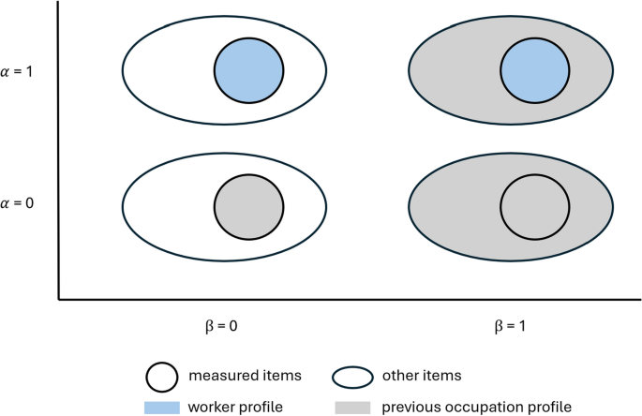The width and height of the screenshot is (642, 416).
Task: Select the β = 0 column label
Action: click(x=220, y=329)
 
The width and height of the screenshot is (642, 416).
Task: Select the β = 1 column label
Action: click(x=506, y=329)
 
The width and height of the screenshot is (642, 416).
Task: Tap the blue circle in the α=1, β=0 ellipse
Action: click(x=248, y=70)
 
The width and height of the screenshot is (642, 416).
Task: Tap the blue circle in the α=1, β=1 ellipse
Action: click(x=535, y=70)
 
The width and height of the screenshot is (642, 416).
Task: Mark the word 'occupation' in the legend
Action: click(x=494, y=406)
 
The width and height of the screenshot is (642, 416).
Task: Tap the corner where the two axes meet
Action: click(x=59, y=300)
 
